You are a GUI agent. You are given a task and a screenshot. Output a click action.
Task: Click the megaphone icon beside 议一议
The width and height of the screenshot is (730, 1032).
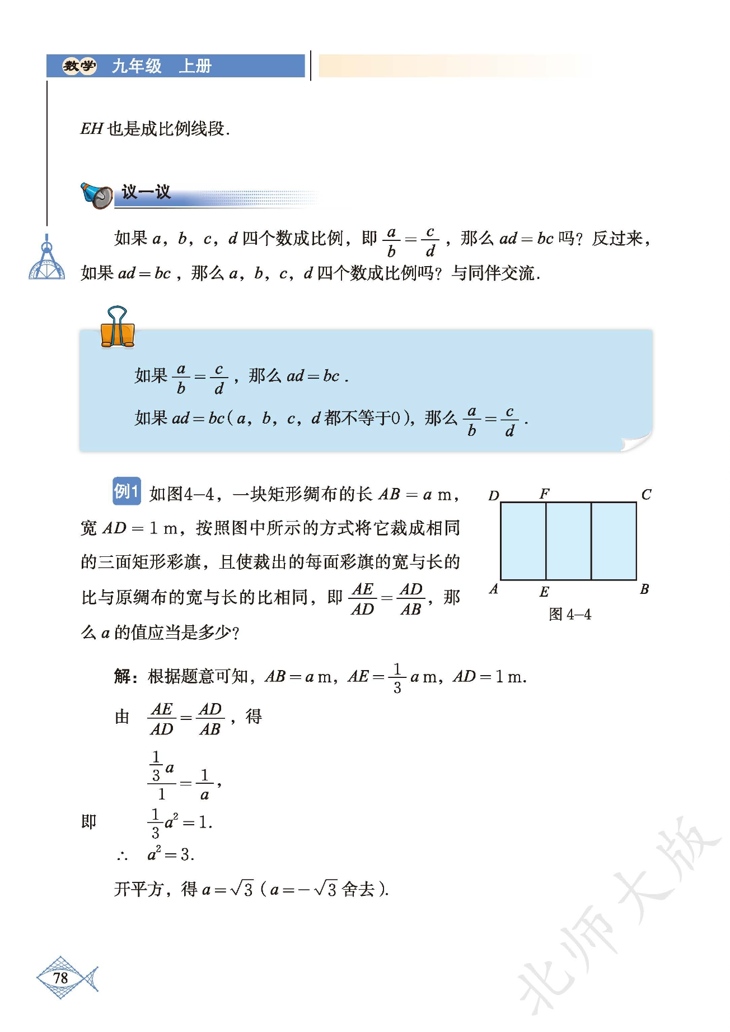97,194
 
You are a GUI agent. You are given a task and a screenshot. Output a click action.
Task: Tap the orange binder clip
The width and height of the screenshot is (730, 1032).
118,327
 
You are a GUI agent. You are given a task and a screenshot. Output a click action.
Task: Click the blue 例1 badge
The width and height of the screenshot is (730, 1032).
127,491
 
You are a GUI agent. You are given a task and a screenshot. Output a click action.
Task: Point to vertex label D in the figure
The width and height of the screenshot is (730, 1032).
494,496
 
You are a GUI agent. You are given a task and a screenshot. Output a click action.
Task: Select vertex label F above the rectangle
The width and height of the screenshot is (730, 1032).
544,494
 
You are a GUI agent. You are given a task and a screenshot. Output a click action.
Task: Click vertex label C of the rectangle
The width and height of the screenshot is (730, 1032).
646,495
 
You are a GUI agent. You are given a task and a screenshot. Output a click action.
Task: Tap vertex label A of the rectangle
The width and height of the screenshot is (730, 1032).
493,589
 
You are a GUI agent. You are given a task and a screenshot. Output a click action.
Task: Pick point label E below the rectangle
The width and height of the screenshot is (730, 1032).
544,592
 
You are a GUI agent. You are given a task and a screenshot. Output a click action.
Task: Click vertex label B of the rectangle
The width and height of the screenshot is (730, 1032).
644,589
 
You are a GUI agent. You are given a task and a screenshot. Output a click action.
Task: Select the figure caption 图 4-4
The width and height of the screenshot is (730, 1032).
570,615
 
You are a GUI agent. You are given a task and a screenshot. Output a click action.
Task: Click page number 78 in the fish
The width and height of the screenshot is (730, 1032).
60,978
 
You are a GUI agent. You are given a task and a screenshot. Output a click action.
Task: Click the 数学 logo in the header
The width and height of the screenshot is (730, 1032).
79,66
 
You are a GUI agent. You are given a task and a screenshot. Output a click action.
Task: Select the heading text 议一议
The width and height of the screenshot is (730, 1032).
146,192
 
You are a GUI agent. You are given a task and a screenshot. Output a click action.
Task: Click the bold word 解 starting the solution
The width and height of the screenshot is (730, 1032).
123,677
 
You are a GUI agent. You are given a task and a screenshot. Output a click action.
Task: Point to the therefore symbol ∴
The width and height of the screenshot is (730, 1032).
123,856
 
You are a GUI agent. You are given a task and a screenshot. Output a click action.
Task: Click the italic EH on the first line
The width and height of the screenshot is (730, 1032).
92,129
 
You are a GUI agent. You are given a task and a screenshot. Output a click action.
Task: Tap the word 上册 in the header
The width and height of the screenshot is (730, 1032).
195,66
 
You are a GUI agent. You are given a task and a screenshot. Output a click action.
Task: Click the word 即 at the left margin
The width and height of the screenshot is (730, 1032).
89,822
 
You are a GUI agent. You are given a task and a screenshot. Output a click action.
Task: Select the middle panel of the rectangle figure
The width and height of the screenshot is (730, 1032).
568,541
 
